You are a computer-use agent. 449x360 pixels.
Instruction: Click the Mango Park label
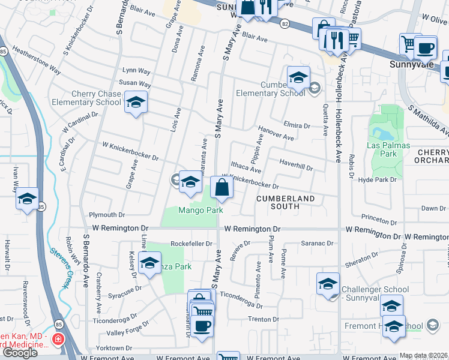point(200,210)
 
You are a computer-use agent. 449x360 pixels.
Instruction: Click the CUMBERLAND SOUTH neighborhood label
point(285,202)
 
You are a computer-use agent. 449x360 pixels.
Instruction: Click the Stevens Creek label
point(61,267)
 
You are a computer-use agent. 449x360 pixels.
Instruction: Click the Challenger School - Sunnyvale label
point(375,293)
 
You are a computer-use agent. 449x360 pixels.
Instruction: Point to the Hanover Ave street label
point(276,133)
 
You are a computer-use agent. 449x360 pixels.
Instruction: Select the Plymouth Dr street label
point(106,214)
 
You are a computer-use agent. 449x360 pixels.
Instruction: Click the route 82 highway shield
point(284,23)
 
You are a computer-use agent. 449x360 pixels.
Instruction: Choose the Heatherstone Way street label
point(36,61)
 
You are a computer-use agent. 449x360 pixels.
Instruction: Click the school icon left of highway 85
point(27,199)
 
